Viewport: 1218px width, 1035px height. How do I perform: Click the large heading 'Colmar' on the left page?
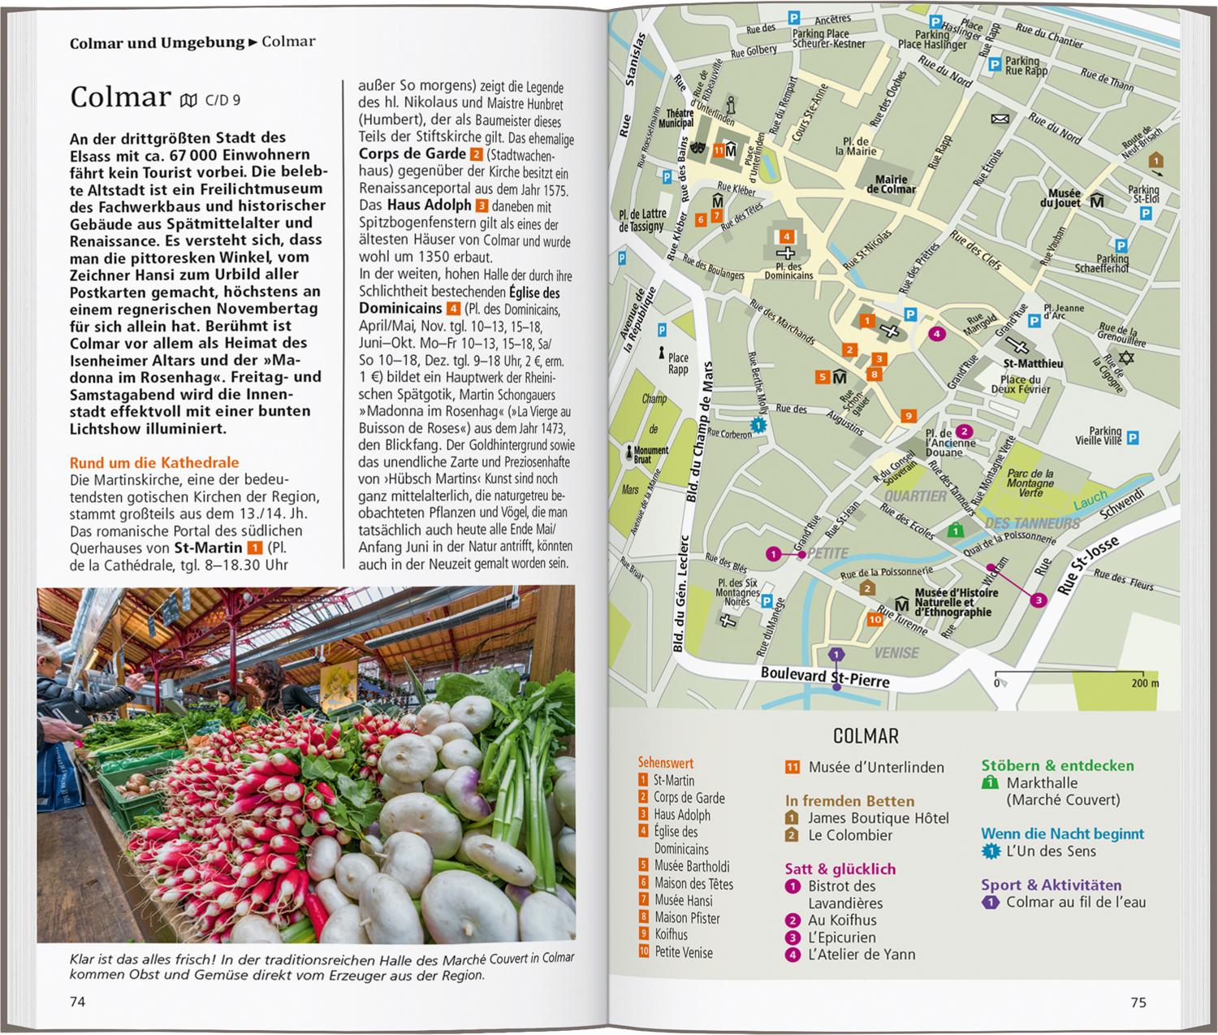[120, 97]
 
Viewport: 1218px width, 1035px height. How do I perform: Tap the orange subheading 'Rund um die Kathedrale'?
[154, 463]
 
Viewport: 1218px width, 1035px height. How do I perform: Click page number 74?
[77, 1002]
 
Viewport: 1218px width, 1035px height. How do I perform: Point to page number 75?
[1138, 1003]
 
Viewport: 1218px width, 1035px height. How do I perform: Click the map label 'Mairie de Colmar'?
[891, 184]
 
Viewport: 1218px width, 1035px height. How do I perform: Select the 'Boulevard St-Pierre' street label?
[824, 675]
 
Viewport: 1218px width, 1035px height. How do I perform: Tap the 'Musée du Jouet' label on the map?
[1064, 198]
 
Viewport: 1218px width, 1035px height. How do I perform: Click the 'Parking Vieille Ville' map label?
[1098, 436]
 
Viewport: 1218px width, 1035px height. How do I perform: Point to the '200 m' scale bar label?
[1145, 683]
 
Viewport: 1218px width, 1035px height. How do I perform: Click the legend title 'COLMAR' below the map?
[866, 736]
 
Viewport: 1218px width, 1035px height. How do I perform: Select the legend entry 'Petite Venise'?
[684, 952]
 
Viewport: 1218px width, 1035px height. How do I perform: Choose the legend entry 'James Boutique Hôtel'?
[878, 818]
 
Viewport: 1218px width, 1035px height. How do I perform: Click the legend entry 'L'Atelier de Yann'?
[861, 955]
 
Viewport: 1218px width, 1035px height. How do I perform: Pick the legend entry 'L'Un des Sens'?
[1051, 851]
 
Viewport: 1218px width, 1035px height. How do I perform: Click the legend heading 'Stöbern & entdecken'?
[1057, 765]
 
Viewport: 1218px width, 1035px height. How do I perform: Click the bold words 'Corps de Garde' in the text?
[412, 154]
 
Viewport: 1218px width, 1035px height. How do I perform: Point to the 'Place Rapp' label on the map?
[678, 363]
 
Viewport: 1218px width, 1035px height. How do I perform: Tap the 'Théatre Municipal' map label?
[680, 119]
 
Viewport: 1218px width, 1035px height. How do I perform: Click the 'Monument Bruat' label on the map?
[651, 455]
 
